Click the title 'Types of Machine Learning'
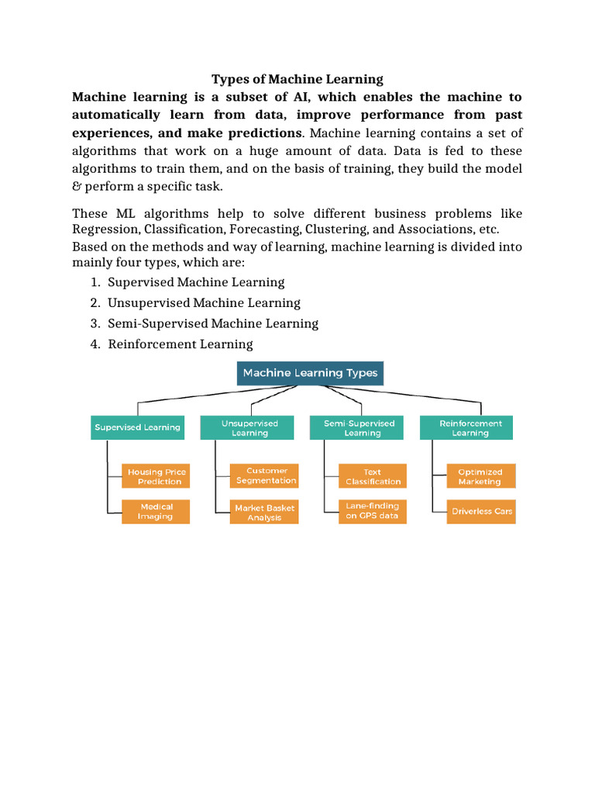[x=297, y=79]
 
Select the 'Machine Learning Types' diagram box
[x=310, y=373]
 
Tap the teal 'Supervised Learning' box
[x=137, y=427]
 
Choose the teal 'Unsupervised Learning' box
[x=249, y=428]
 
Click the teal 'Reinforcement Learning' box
[x=470, y=428]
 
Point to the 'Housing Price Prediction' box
[x=156, y=476]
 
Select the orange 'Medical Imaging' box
[x=156, y=512]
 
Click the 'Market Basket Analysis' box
[x=265, y=513]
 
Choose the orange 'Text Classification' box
[x=373, y=476]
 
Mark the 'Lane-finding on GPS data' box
[x=373, y=511]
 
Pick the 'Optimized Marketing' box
[x=480, y=476]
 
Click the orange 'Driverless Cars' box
[x=481, y=512]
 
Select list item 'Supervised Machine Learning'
[x=196, y=282]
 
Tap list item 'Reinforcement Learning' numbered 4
[x=180, y=343]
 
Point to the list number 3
[x=94, y=323]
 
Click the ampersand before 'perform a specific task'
[x=77, y=187]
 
